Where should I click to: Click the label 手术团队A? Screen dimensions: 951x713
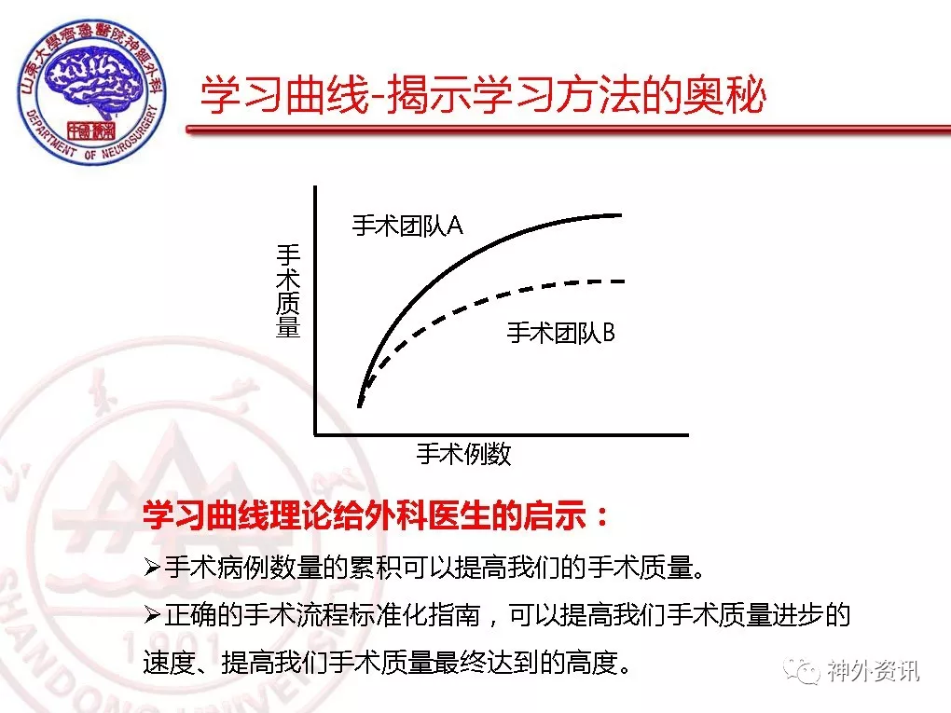tap(407, 226)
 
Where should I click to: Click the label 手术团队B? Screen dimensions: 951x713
tap(561, 333)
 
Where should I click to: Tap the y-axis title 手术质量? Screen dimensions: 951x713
tap(288, 291)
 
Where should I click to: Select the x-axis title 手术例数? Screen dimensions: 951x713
tap(464, 454)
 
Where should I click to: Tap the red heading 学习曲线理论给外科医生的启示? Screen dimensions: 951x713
tap(365, 516)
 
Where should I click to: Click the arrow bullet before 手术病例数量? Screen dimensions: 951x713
tap(152, 569)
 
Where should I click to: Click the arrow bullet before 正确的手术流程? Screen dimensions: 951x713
tap(152, 615)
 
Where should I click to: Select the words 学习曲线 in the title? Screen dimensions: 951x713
tap(284, 96)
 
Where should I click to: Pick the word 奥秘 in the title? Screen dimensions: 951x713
tap(724, 96)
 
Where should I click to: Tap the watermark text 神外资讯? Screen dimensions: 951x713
tap(874, 670)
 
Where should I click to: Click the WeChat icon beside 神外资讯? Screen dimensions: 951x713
tap(802, 670)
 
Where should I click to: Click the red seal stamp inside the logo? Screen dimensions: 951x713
tap(91, 130)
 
